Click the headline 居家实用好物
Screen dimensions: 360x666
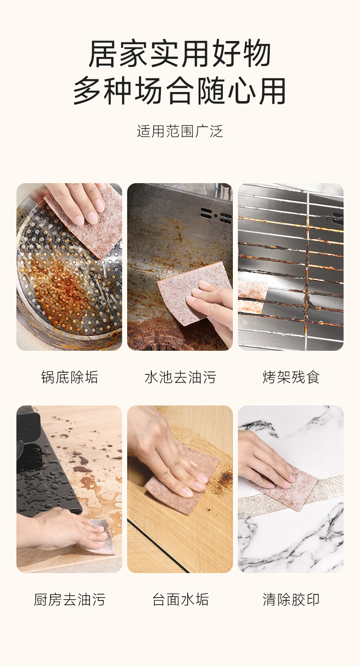pyautogui.click(x=180, y=53)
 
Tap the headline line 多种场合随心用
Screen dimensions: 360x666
pyautogui.click(x=180, y=91)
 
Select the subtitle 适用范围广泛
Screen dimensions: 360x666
pyautogui.click(x=180, y=131)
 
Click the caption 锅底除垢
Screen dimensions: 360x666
pyautogui.click(x=69, y=377)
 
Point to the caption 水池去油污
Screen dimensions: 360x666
pyautogui.click(x=180, y=377)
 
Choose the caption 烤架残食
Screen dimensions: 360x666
pyautogui.click(x=291, y=377)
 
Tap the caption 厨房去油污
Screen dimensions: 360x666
pyautogui.click(x=69, y=599)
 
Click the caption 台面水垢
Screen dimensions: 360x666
pyautogui.click(x=180, y=599)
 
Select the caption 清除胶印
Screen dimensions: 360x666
pyautogui.click(x=291, y=599)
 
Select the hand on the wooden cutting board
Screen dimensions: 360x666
pyautogui.click(x=167, y=455)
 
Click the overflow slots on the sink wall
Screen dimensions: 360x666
pyautogui.click(x=216, y=215)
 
